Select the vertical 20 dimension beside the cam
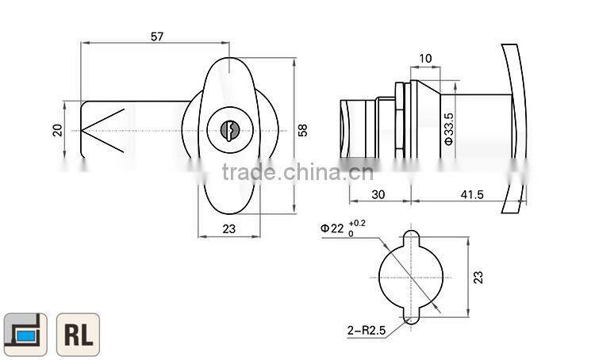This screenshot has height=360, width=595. pos(57,129)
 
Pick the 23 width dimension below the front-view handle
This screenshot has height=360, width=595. pos(228,229)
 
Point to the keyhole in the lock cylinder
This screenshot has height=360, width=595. pos(228,130)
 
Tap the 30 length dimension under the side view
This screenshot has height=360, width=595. pos(379,194)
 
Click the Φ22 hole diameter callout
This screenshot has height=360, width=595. pos(332,228)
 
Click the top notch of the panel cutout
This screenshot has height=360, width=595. pos(412,237)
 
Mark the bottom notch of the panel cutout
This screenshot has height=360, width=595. pos(412,318)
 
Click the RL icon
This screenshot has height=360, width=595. pos(78,334)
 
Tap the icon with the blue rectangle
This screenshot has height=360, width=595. pos(25,334)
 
